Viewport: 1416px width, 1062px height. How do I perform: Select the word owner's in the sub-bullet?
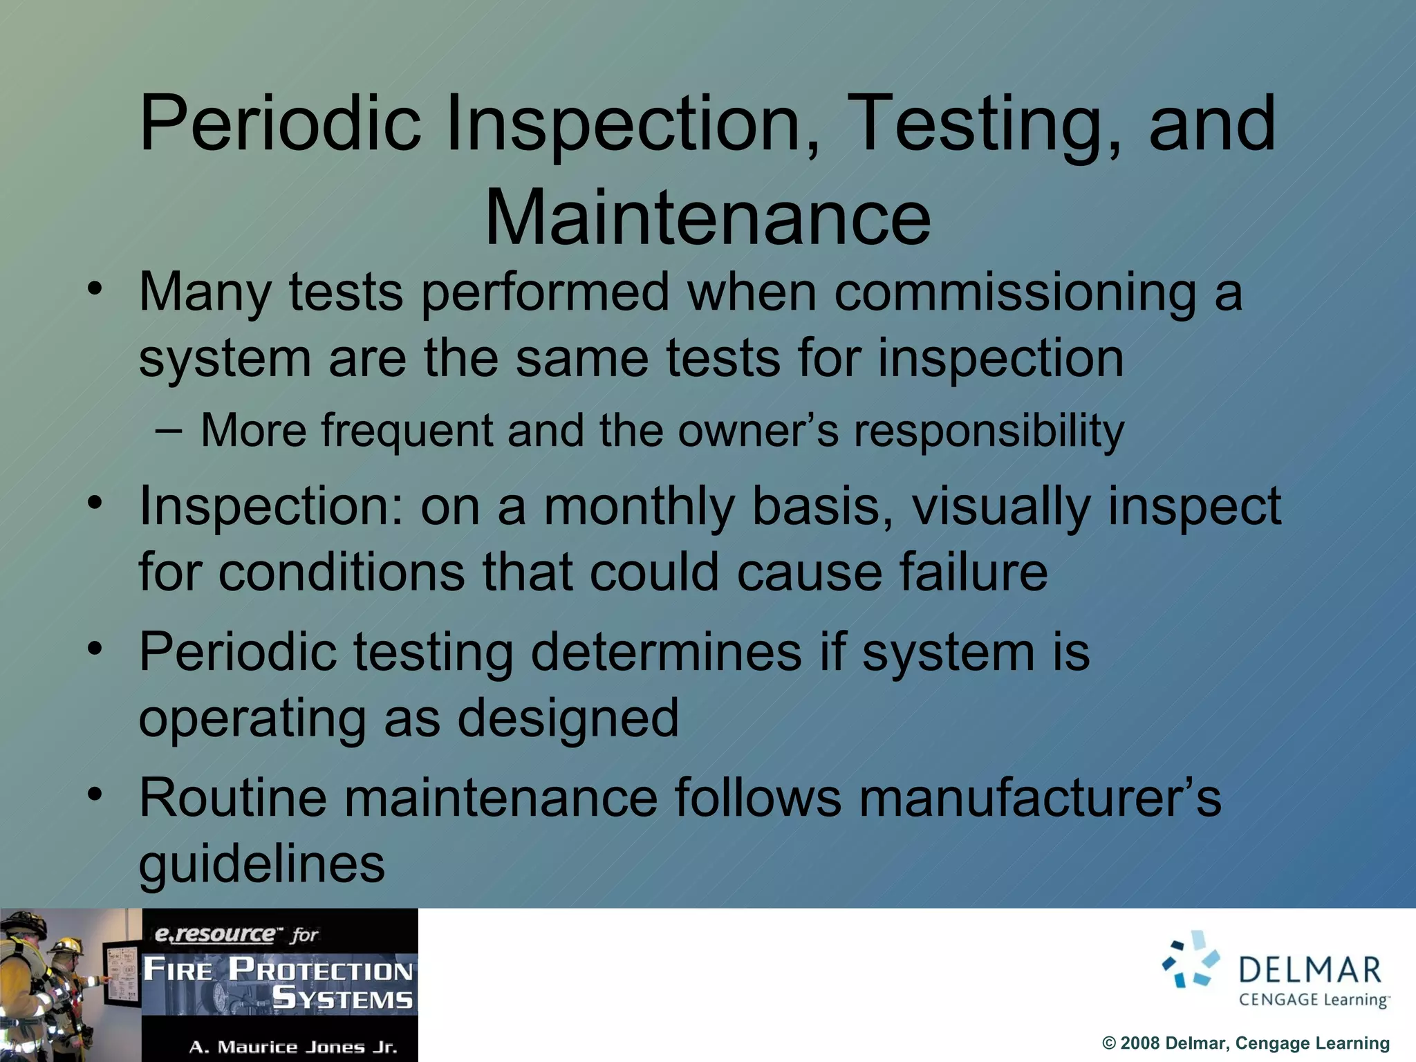click(x=758, y=430)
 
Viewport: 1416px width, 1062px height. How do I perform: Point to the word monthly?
click(x=639, y=507)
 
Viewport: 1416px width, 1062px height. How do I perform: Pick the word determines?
click(x=666, y=652)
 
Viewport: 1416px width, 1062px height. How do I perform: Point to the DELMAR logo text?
click(x=1310, y=970)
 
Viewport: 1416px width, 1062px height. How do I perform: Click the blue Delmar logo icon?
click(x=1191, y=960)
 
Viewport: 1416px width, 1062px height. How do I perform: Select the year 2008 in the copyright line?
click(x=1139, y=1043)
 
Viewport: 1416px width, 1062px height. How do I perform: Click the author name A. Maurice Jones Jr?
click(x=293, y=1047)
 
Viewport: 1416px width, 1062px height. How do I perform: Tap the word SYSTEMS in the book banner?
click(x=342, y=999)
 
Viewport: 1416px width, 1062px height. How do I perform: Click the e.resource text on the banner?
click(x=214, y=935)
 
